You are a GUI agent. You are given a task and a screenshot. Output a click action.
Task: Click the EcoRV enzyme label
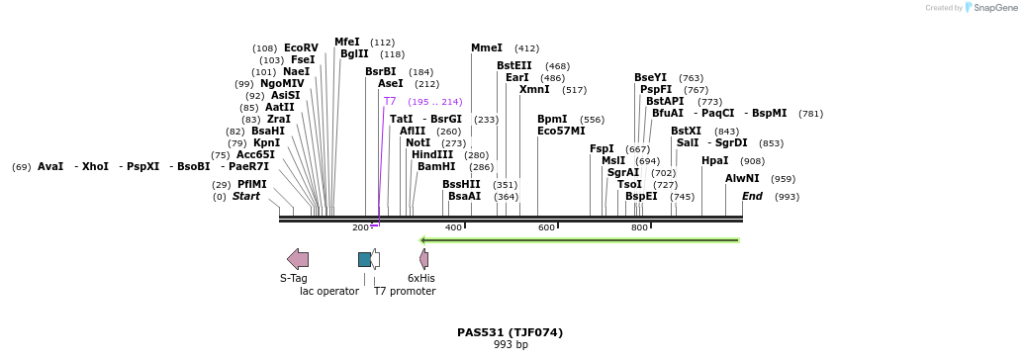point(301,47)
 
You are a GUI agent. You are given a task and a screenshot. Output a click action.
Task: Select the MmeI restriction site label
point(487,47)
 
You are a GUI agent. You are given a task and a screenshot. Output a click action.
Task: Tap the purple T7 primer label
point(390,101)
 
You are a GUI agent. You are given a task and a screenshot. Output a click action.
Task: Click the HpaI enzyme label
point(714,160)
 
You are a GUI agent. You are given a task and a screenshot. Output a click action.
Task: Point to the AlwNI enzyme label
point(742,178)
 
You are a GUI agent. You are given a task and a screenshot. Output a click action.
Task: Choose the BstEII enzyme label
point(513,65)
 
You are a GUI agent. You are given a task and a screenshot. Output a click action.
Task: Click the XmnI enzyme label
point(534,89)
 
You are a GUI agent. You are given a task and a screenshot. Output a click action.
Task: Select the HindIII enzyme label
point(432,154)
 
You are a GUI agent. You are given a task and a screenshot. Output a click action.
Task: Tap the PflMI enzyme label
point(251,184)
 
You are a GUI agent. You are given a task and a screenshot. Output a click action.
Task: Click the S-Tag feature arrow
point(298,259)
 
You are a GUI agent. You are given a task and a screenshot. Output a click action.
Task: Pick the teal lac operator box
point(364,259)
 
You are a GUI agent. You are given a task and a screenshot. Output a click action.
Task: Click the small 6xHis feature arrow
point(423,259)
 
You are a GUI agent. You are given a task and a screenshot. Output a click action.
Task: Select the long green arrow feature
point(579,239)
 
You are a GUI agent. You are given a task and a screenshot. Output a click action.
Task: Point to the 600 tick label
point(546,227)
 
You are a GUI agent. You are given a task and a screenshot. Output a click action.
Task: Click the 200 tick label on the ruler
point(360,227)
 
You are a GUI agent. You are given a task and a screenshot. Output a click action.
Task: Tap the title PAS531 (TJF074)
point(510,332)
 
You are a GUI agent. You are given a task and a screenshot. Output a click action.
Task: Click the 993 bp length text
point(511,344)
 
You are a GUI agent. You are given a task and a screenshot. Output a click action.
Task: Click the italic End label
point(752,196)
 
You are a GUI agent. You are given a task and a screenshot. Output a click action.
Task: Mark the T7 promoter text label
point(405,291)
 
